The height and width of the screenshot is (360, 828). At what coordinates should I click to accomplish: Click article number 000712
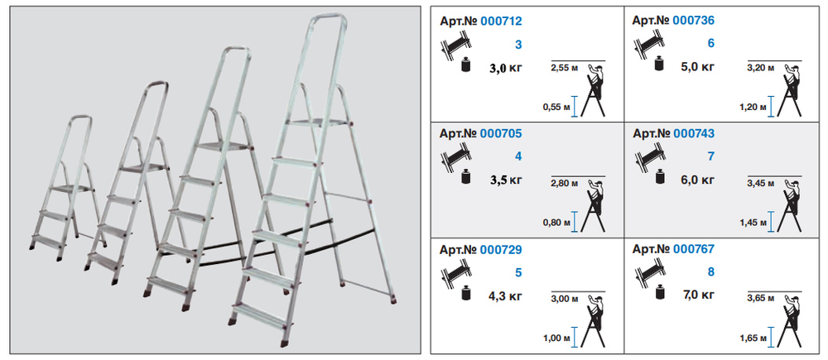[501, 22]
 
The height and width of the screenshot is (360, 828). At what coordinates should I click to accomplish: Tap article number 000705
[501, 133]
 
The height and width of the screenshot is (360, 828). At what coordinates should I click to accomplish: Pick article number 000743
[693, 133]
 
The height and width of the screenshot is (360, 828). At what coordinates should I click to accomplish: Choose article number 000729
[501, 249]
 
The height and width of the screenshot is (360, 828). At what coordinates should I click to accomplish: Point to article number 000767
[693, 249]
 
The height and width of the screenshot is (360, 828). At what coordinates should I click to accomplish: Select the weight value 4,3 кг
[505, 295]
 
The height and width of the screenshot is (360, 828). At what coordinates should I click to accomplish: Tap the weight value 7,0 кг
[698, 295]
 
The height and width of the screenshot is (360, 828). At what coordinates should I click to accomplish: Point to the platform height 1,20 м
[754, 107]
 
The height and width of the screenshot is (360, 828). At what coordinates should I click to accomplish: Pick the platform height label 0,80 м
[557, 223]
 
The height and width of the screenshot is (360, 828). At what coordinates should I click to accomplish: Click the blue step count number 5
[518, 273]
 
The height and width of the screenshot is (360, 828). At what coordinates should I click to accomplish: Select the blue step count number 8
[711, 272]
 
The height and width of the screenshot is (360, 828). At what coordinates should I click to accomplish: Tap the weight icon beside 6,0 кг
[660, 177]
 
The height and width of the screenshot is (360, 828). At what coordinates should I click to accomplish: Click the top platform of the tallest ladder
[319, 123]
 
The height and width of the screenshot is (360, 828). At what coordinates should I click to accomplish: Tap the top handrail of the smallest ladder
[80, 118]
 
